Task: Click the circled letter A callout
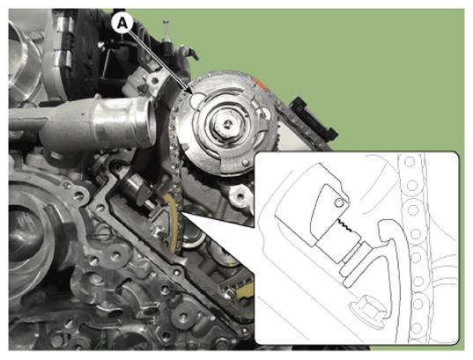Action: [122, 23]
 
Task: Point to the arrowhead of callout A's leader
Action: [190, 91]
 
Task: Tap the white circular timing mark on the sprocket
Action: [197, 99]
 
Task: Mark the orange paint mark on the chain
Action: [260, 84]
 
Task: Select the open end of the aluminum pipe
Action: [150, 121]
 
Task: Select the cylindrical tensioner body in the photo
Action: [137, 189]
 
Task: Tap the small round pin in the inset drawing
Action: [339, 203]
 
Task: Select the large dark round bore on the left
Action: [26, 232]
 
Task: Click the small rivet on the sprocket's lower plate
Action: [246, 163]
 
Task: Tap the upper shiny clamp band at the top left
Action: [64, 24]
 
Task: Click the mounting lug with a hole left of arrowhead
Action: [155, 80]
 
